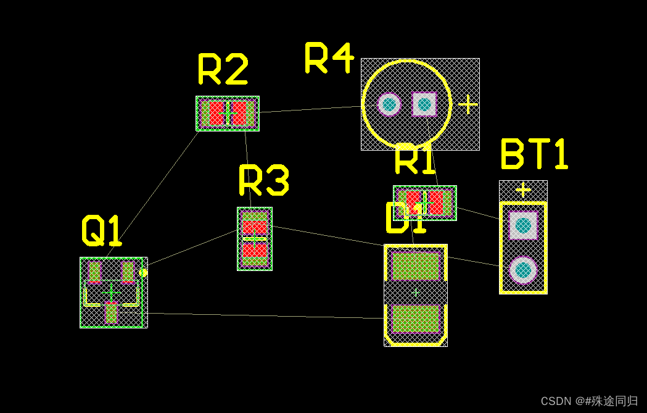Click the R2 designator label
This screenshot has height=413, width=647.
click(223, 69)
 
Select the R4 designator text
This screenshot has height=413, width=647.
click(329, 58)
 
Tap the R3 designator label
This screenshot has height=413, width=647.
click(263, 180)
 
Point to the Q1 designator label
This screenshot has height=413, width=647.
click(102, 231)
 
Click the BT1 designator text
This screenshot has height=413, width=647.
click(534, 154)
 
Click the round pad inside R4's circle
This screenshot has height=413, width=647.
click(389, 104)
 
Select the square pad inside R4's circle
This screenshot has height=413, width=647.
click(424, 104)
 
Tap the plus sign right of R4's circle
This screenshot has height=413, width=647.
click(468, 104)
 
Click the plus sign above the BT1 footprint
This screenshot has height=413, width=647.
click(523, 189)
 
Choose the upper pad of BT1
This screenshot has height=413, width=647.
click(523, 225)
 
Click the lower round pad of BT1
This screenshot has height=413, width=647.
click(523, 270)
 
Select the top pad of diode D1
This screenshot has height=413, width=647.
click(415, 266)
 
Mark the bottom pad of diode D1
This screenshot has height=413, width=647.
click(415, 319)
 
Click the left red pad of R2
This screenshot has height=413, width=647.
click(216, 113)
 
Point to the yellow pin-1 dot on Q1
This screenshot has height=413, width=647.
click(143, 272)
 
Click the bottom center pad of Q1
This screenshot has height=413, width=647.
click(111, 313)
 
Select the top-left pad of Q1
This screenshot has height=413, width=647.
click(94, 272)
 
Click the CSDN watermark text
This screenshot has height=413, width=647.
click(589, 401)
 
